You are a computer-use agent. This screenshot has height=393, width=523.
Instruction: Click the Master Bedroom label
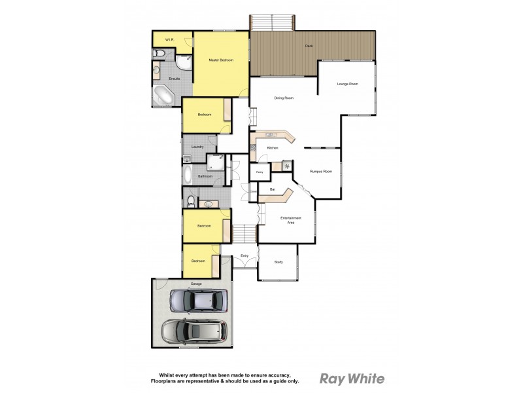pos(221,60)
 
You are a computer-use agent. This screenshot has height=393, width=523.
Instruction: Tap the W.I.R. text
pos(168,40)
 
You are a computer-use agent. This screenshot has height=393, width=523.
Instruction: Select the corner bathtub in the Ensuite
pos(163,96)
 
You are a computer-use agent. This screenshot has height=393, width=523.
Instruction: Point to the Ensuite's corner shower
pos(184,62)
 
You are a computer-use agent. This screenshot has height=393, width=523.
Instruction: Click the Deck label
pos(309,46)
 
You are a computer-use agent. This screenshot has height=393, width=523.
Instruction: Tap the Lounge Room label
pos(347,84)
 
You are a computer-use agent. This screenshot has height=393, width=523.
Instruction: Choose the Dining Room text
pos(284,98)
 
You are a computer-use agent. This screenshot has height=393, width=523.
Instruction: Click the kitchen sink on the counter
pos(269,134)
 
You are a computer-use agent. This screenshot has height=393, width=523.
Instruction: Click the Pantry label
pos(260,173)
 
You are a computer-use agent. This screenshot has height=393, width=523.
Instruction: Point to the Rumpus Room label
pos(321,172)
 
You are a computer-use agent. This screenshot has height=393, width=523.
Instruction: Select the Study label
pos(278,262)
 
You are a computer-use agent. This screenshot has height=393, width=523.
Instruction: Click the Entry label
pos(245,255)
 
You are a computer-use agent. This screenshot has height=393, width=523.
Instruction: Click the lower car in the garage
pos(194,331)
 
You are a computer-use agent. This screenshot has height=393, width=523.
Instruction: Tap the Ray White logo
pos(352,378)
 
